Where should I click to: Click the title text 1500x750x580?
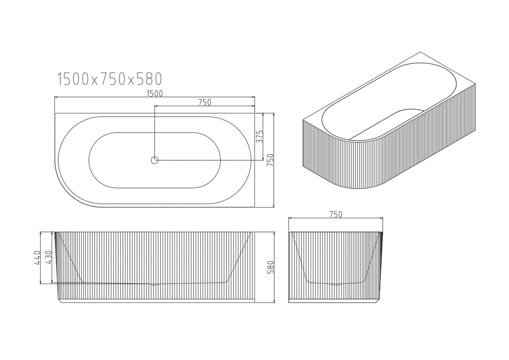click(109, 78)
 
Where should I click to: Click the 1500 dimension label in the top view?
click(155, 93)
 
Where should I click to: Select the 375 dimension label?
click(260, 137)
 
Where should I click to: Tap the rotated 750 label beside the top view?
click(270, 160)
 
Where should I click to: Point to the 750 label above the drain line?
click(204, 102)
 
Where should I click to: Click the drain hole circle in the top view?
click(155, 160)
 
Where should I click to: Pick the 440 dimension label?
click(37, 257)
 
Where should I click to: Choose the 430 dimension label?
click(49, 257)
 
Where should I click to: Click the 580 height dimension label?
click(270, 267)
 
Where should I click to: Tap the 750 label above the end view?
click(336, 214)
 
